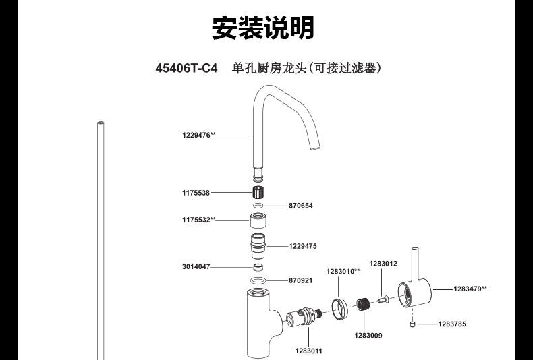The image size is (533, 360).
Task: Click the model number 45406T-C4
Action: pyautogui.click(x=187, y=69)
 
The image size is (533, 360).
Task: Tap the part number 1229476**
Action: pyautogui.click(x=198, y=135)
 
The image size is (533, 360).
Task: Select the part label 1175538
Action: pyautogui.click(x=195, y=193)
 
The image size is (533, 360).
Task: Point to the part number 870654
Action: pyautogui.click(x=301, y=206)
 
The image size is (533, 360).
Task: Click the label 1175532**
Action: pyautogui.click(x=198, y=220)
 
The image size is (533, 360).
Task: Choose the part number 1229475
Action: pyautogui.click(x=303, y=246)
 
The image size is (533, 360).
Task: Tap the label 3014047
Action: pyautogui.click(x=195, y=267)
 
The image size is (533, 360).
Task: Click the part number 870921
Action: pyautogui.click(x=301, y=280)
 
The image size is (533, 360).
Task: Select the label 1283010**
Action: pyautogui.click(x=343, y=271)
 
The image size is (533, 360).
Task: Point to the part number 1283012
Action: pyautogui.click(x=383, y=264)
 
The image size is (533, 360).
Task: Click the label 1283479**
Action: pyautogui.click(x=470, y=289)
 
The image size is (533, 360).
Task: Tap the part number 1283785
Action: pyautogui.click(x=452, y=324)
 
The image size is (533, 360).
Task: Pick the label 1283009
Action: pyautogui.click(x=368, y=335)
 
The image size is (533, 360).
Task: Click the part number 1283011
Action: pyautogui.click(x=308, y=351)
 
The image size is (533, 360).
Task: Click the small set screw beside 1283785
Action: pyautogui.click(x=411, y=324)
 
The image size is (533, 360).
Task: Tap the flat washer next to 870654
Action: pyautogui.click(x=258, y=206)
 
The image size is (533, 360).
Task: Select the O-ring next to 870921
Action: pyautogui.click(x=258, y=280)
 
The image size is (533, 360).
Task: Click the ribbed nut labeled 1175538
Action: pyautogui.click(x=258, y=193)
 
